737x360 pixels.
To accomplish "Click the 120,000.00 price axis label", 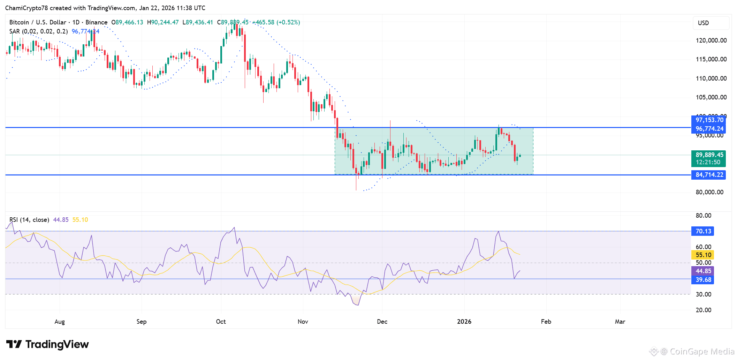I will [x=711, y=40].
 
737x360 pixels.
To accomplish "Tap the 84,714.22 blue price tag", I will [x=709, y=175].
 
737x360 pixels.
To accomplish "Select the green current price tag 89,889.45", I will [x=709, y=155].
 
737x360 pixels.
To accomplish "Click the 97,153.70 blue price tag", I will [x=709, y=120].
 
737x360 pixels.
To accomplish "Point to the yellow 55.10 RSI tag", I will [x=703, y=255].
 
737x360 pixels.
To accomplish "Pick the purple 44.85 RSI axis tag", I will [x=703, y=271].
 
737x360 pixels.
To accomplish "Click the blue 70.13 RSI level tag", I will [x=703, y=231].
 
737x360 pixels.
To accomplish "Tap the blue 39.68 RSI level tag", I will [x=703, y=280].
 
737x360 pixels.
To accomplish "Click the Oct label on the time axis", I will [x=221, y=322].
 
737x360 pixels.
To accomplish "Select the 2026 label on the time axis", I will [x=464, y=322].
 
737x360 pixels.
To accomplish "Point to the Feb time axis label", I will [x=546, y=322].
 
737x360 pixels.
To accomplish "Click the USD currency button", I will [x=703, y=23].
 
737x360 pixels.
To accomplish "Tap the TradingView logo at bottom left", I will [x=48, y=345].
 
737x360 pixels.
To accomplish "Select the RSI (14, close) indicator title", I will [x=29, y=220].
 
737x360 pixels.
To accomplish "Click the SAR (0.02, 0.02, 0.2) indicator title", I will [x=38, y=31].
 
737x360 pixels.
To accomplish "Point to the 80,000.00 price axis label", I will [x=709, y=192].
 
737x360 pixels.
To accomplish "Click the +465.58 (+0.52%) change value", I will [x=276, y=22].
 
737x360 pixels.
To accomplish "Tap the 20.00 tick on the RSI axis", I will [x=703, y=310].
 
